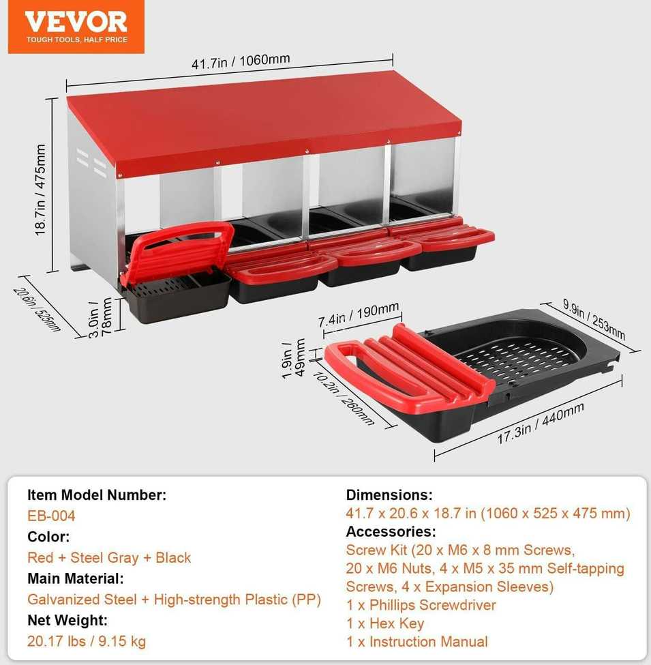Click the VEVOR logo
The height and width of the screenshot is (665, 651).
pos(76,27)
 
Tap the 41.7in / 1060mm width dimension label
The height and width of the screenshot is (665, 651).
pos(241,61)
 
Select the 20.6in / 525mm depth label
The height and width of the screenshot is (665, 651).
pos(37,309)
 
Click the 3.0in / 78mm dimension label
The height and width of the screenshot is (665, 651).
pos(100,316)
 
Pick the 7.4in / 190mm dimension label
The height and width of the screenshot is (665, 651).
pos(359,314)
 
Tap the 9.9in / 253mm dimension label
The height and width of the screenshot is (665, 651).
pos(594,319)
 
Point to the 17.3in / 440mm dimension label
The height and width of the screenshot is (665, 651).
pos(541,424)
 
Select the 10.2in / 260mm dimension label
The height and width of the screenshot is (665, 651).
pos(344,398)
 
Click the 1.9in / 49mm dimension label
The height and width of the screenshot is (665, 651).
pos(293,357)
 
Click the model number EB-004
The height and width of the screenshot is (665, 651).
pos(51,516)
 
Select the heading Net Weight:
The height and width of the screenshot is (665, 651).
pos(67,620)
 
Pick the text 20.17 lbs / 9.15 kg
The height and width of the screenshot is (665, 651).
pos(87,641)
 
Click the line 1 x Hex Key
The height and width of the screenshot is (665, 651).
pos(385,623)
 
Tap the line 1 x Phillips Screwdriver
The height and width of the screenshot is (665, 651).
pos(421,605)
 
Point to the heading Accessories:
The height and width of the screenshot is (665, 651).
pos(391,531)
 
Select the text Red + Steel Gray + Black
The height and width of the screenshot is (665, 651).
pos(109,557)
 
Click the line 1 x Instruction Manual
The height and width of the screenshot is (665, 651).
pos(417,641)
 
